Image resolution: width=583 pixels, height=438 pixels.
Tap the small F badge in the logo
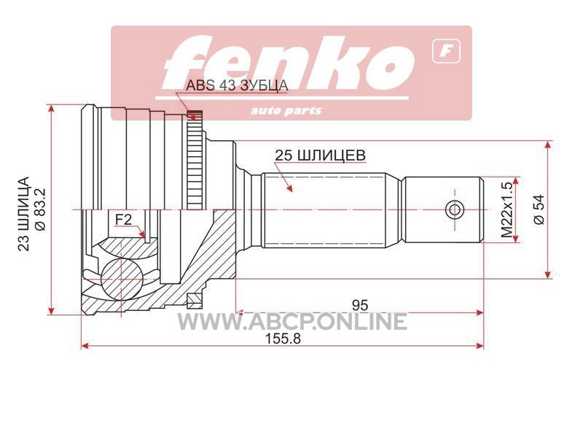[446, 52]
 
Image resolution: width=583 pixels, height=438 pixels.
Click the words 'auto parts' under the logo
[286, 111]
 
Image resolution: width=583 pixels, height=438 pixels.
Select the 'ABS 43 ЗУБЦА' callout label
[237, 85]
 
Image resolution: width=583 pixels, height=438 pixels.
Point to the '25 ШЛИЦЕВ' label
[320, 155]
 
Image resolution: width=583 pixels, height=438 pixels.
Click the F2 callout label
[123, 220]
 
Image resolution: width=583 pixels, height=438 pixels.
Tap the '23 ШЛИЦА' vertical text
[24, 213]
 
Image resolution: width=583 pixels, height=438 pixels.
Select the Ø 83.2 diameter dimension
[40, 210]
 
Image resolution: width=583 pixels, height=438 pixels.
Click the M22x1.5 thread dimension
[506, 210]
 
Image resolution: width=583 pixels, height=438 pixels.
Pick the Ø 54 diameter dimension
[539, 209]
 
